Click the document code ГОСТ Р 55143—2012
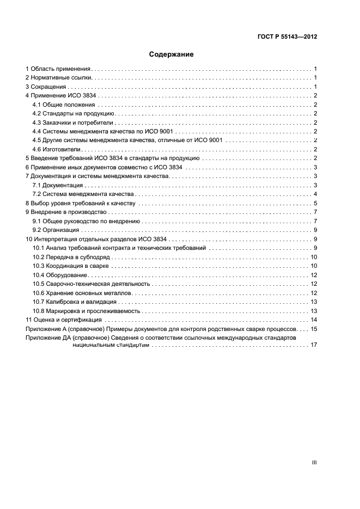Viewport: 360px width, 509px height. pyautogui.click(x=287, y=37)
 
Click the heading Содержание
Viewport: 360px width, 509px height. pyautogui.click(x=172, y=54)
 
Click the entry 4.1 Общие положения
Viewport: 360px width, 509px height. pyautogui.click(x=64, y=105)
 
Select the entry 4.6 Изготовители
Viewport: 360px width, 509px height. pyautogui.click(x=56, y=149)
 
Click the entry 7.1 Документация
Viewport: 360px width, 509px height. pyautogui.click(x=57, y=185)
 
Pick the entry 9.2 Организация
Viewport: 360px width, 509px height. pyautogui.click(x=56, y=230)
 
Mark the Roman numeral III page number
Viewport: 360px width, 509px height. pyautogui.click(x=314, y=462)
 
